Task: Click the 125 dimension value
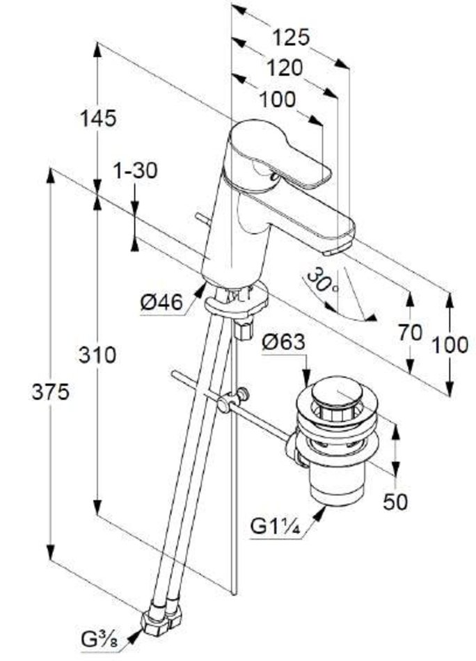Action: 290,36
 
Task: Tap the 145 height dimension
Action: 97,118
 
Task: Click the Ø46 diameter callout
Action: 161,303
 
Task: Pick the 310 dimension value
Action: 97,356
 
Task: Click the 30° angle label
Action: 321,282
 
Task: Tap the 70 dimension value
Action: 411,333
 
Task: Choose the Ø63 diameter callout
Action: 284,342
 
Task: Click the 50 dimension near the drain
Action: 396,502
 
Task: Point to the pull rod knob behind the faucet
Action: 200,218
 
